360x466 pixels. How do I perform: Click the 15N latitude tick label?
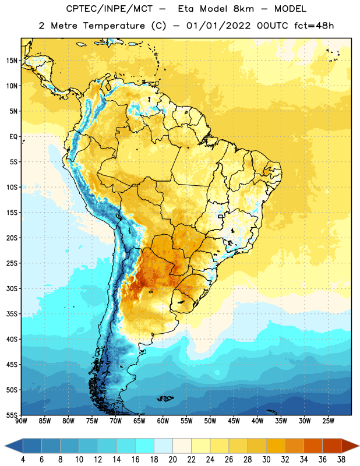pyautogui.click(x=12, y=61)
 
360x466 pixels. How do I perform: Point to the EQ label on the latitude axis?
pyautogui.click(x=13, y=137)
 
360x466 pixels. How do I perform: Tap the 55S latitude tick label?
pyautogui.click(x=12, y=415)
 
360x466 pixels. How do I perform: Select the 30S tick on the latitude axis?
pyautogui.click(x=12, y=288)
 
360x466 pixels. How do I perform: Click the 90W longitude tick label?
pyautogui.click(x=21, y=421)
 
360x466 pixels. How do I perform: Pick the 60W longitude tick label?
pyautogui.click(x=163, y=421)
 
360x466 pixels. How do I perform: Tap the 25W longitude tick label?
pyautogui.click(x=328, y=421)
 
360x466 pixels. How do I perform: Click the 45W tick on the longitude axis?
pyautogui.click(x=234, y=421)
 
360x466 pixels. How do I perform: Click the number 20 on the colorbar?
pyautogui.click(x=172, y=460)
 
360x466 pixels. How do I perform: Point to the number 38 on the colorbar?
pyautogui.click(x=341, y=460)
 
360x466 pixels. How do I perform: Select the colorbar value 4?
pyautogui.click(x=23, y=460)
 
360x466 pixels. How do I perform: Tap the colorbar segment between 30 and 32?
pyautogui.click(x=276, y=446)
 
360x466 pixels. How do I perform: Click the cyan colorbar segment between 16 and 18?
pyautogui.click(x=144, y=446)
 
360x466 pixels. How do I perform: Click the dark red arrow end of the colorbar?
pyautogui.click(x=350, y=446)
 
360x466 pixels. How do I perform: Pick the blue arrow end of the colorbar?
pyautogui.click(x=14, y=446)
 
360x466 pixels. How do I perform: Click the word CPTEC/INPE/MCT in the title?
pyautogui.click(x=110, y=9)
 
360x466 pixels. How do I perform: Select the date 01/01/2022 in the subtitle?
pyautogui.click(x=218, y=26)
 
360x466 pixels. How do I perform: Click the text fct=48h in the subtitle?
pyautogui.click(x=314, y=26)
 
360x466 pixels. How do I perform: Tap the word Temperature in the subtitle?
pyautogui.click(x=114, y=26)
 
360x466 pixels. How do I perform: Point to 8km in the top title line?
pyautogui.click(x=243, y=9)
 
